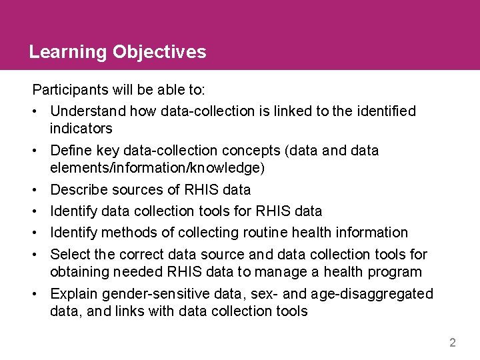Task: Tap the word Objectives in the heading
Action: pos(160,53)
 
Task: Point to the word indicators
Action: pos(81,128)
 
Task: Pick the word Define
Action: pos(70,151)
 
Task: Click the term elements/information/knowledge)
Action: pos(157,168)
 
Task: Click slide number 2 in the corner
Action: pos(453,343)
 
